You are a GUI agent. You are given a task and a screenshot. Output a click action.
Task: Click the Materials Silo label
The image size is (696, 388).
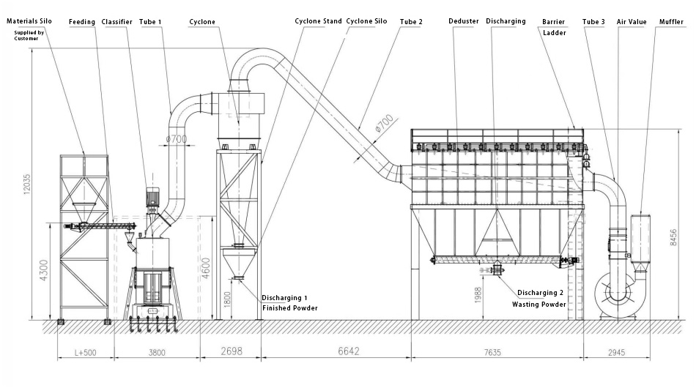[x=29, y=21]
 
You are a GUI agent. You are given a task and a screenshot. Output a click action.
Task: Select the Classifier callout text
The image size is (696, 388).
[x=116, y=22]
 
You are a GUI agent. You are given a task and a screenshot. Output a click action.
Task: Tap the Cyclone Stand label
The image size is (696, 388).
[x=318, y=21]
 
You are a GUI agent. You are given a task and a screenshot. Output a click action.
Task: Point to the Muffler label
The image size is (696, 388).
[x=671, y=22]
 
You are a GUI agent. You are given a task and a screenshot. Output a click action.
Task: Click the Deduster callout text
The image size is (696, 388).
[x=464, y=21]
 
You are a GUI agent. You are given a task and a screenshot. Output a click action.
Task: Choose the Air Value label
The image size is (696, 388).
[x=632, y=22]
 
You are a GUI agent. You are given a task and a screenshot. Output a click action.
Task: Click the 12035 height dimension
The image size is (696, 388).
[x=27, y=184]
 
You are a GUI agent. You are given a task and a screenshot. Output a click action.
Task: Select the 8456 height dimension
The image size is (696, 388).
[x=673, y=237]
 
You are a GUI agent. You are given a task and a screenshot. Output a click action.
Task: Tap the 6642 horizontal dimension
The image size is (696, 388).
[x=349, y=351]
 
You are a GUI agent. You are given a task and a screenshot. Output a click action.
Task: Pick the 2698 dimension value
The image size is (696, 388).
[x=232, y=351]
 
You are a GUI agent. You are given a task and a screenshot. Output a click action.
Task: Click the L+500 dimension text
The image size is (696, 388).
[x=85, y=353]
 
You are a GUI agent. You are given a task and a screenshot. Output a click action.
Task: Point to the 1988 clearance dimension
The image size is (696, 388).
[x=478, y=295]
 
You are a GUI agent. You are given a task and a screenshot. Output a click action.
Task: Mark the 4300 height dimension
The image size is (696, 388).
[x=44, y=270]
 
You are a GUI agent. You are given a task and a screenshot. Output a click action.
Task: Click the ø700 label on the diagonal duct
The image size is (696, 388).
[x=385, y=123]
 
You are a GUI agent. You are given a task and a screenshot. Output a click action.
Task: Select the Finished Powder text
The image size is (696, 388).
[x=290, y=308]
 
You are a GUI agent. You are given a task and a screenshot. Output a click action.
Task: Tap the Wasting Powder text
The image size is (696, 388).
[x=539, y=305]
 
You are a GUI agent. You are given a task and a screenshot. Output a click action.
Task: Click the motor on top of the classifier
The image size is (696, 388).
[x=152, y=198]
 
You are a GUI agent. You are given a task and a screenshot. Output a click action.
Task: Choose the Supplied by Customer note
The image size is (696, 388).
[x=29, y=35]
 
